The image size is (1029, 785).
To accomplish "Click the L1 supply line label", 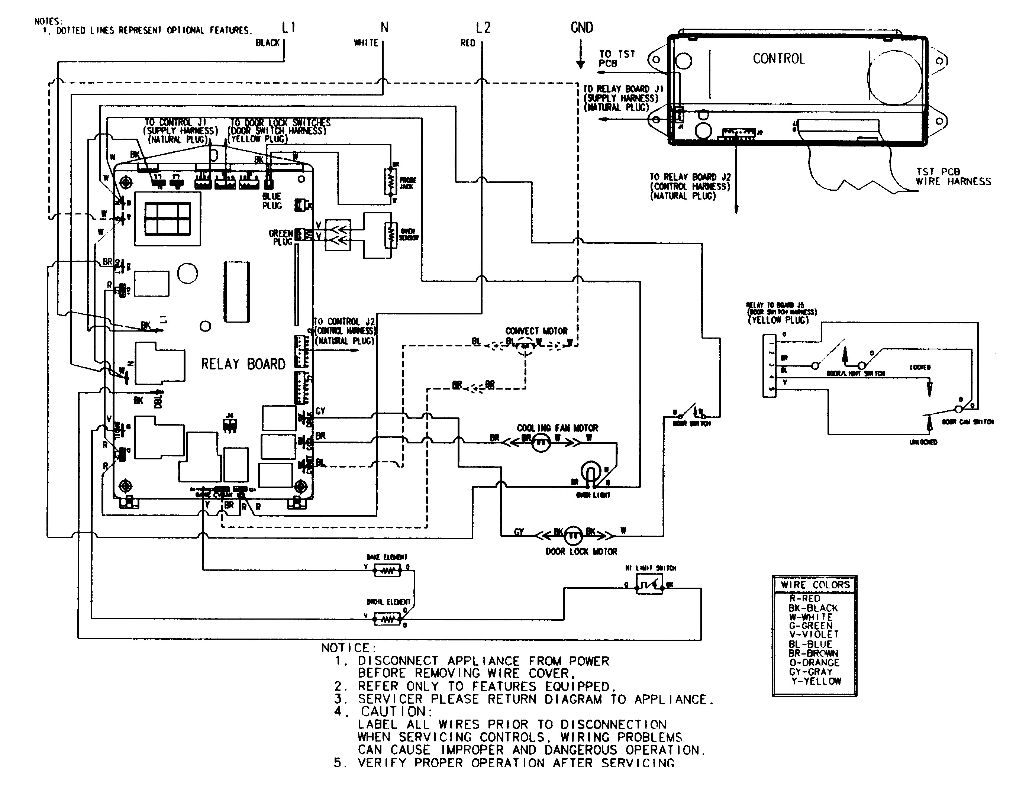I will click(x=288, y=28).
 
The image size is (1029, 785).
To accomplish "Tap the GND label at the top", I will click(x=581, y=28).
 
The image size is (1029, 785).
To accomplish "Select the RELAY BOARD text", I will click(x=243, y=364).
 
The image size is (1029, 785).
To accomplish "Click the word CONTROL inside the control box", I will click(x=778, y=59).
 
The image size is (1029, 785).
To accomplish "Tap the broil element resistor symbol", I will click(x=387, y=620).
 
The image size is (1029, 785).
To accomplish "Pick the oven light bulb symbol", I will click(x=591, y=471).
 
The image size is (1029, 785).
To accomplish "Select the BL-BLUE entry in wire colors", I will click(x=810, y=644).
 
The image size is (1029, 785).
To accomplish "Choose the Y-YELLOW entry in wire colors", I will click(x=816, y=681).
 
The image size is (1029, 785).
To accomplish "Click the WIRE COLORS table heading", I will click(x=815, y=585).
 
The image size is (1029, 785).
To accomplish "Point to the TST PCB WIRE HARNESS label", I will click(x=953, y=177).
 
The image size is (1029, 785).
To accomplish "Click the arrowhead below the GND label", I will click(x=580, y=64).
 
